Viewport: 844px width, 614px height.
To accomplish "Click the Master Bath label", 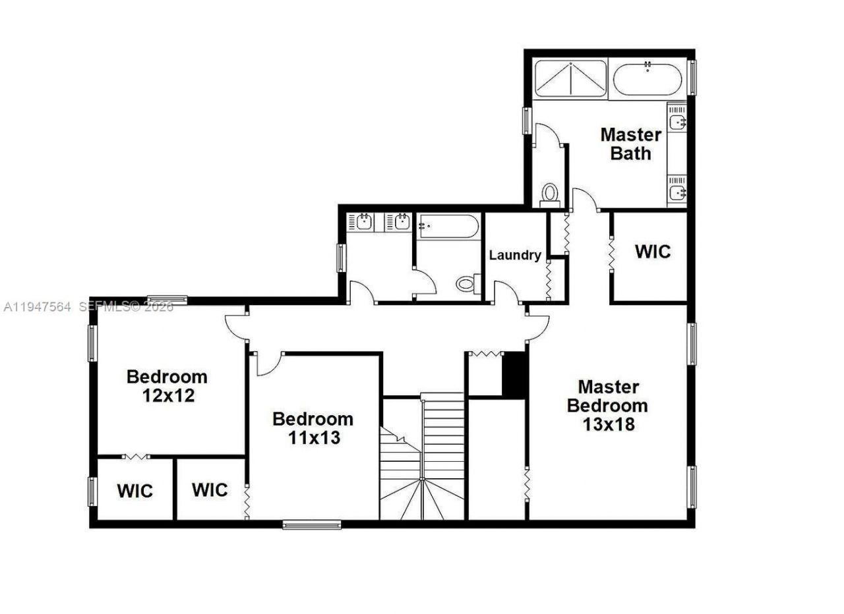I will click(x=630, y=144).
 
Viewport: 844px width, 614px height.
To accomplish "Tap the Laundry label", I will click(x=515, y=255).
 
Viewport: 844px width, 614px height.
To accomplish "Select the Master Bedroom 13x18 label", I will click(x=607, y=405).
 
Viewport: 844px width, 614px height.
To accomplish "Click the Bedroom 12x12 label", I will click(x=167, y=386).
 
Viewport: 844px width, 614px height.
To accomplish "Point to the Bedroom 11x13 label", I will click(x=313, y=428).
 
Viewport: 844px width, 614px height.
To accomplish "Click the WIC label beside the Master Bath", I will click(x=653, y=251).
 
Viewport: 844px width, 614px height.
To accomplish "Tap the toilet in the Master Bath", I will click(x=549, y=192).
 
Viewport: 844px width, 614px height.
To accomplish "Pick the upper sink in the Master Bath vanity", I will click(x=677, y=122).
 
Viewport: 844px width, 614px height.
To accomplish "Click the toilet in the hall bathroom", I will click(x=466, y=284).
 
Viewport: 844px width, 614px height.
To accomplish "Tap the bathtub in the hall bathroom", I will click(x=448, y=226).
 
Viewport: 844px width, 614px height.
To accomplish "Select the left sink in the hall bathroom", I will click(x=362, y=223).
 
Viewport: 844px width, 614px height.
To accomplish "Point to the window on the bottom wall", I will click(x=312, y=525).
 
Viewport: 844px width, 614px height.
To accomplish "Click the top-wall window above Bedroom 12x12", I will click(x=166, y=300).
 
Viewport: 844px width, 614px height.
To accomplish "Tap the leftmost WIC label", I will click(x=135, y=491).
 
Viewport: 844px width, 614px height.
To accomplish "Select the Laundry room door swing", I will click(x=508, y=292).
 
